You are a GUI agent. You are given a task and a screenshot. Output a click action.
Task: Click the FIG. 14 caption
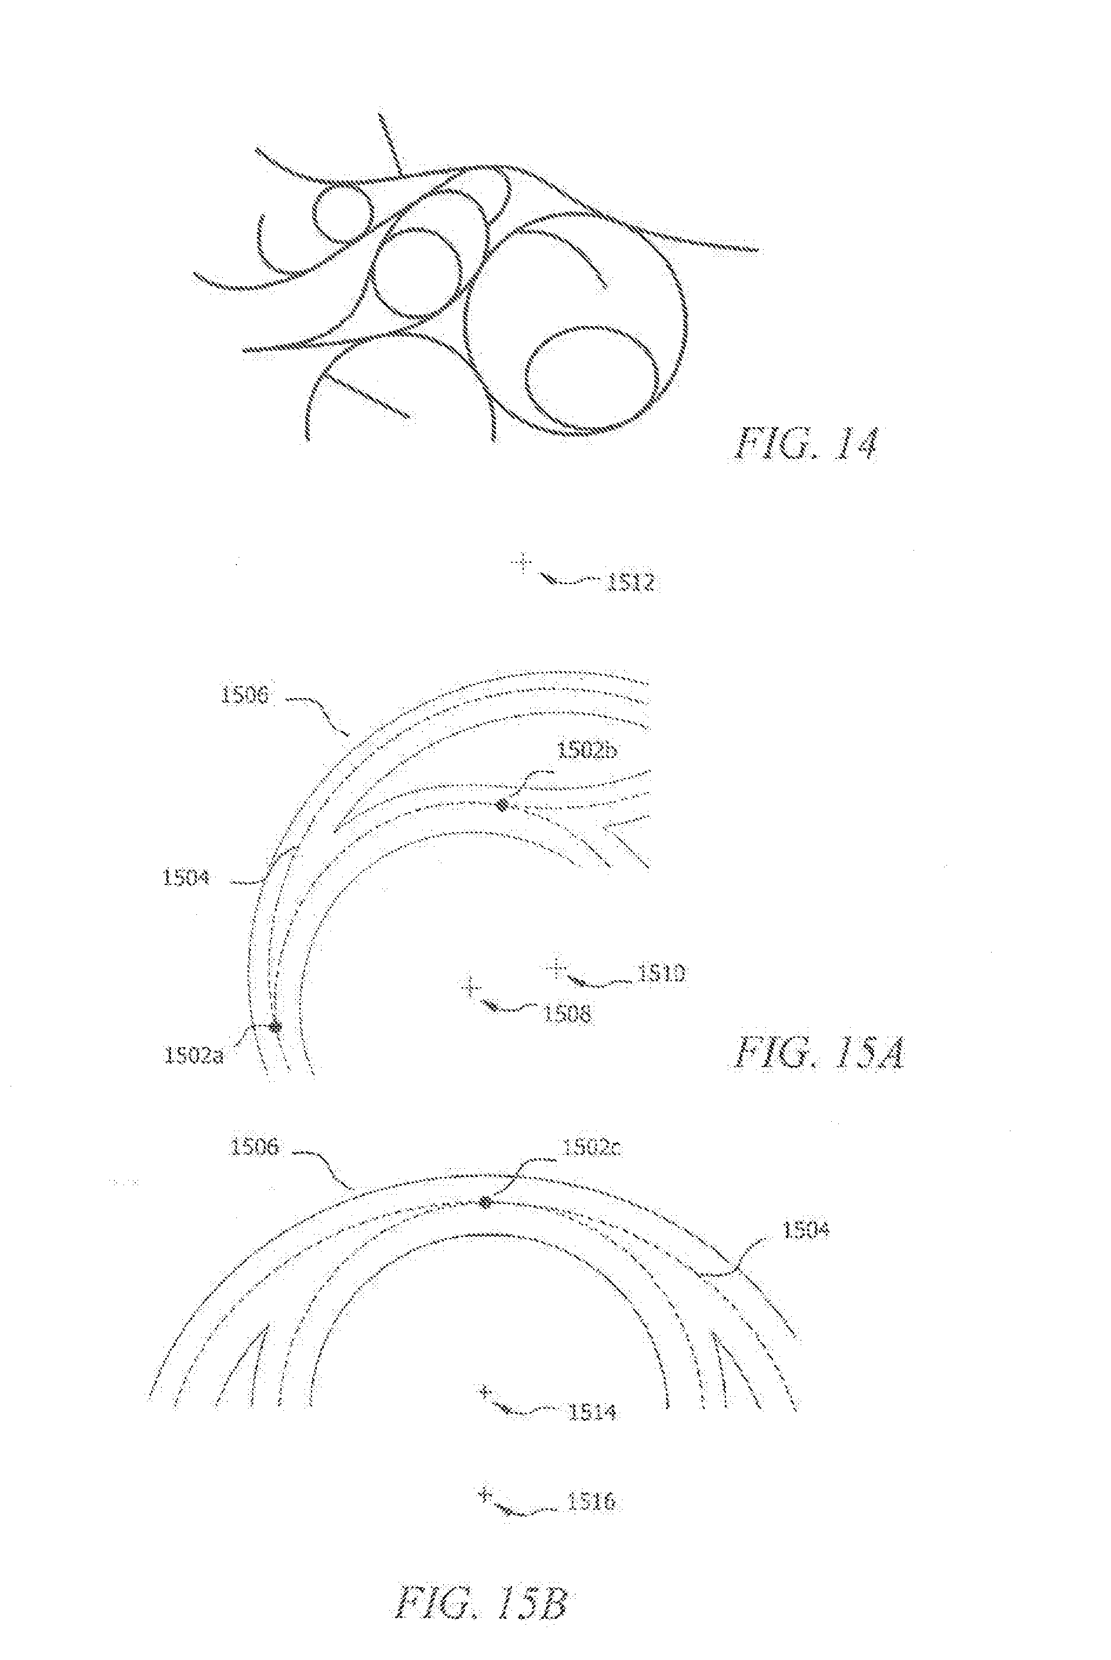pyautogui.click(x=805, y=444)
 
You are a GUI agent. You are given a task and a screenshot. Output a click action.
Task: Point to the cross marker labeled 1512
pyautogui.click(x=521, y=563)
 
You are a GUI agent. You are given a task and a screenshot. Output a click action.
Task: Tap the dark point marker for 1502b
pyautogui.click(x=501, y=804)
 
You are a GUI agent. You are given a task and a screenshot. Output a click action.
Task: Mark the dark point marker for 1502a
pyautogui.click(x=274, y=1026)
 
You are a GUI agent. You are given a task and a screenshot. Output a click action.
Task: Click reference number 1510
pyautogui.click(x=662, y=974)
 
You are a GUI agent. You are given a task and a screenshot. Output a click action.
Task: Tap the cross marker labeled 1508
pyautogui.click(x=469, y=986)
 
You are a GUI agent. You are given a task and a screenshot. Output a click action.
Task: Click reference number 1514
pyautogui.click(x=591, y=1412)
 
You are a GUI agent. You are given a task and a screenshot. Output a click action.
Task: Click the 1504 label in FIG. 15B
pyautogui.click(x=805, y=1230)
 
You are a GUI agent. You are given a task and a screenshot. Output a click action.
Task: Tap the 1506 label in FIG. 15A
pyautogui.click(x=244, y=696)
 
